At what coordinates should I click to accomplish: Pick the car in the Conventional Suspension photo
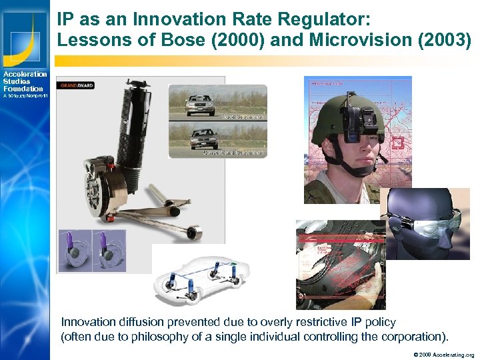(x=204, y=138)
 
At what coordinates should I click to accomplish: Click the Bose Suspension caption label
(x=243, y=116)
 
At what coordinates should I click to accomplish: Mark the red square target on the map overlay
(x=399, y=143)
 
